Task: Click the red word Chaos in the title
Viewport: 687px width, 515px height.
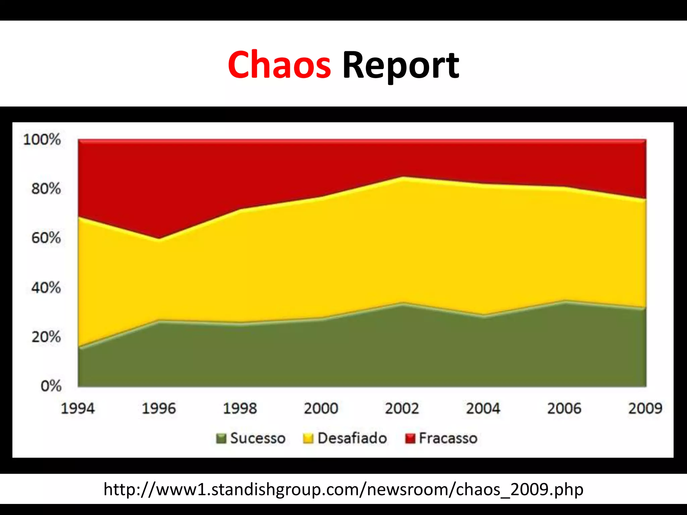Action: click(x=279, y=65)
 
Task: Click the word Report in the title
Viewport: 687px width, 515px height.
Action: click(x=401, y=65)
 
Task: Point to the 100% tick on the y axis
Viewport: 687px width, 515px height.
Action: click(x=42, y=139)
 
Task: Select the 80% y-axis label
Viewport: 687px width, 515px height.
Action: click(x=46, y=189)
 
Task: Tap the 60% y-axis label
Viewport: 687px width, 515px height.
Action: click(x=46, y=238)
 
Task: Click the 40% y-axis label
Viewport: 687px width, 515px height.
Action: click(x=46, y=288)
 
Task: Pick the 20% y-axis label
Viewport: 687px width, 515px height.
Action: click(x=46, y=337)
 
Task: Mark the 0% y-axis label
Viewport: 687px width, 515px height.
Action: click(x=51, y=386)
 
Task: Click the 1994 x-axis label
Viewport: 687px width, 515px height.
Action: click(x=77, y=408)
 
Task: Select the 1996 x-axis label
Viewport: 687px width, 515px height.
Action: click(x=159, y=408)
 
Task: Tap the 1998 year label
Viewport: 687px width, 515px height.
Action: click(x=240, y=408)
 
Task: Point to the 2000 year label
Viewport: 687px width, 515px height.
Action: click(x=321, y=408)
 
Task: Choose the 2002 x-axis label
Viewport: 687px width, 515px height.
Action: click(x=402, y=408)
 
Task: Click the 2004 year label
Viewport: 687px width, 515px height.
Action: click(x=483, y=408)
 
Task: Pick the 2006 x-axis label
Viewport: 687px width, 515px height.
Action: click(x=564, y=408)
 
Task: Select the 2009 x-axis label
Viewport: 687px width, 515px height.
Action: click(x=645, y=408)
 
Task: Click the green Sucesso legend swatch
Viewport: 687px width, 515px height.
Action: click(x=221, y=438)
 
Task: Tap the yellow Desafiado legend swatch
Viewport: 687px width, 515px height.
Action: click(x=308, y=438)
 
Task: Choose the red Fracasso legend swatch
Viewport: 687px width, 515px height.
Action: click(x=410, y=438)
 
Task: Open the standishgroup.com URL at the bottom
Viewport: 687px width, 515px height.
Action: click(x=343, y=490)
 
